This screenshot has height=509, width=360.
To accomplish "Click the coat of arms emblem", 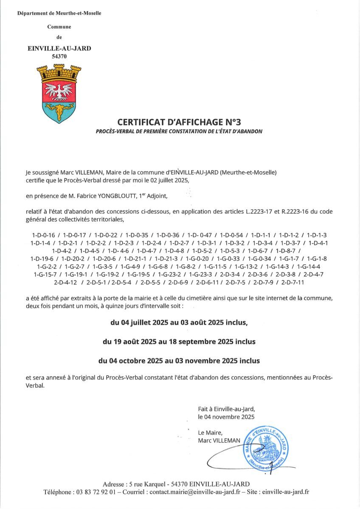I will pyautogui.click(x=59, y=94).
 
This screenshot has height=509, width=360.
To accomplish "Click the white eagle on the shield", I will pyautogui.click(x=59, y=91).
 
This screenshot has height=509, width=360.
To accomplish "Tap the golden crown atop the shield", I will pyautogui.click(x=59, y=73).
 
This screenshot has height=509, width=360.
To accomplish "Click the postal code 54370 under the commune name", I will pyautogui.click(x=59, y=56).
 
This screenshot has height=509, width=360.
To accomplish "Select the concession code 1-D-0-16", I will pyautogui.click(x=44, y=235).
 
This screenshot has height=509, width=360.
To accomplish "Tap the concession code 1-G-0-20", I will pyautogui.click(x=197, y=258).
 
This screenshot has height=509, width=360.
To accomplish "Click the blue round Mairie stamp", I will pyautogui.click(x=266, y=449).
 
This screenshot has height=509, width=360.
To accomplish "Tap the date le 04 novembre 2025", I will pyautogui.click(x=226, y=417).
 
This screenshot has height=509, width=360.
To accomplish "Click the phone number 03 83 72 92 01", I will pyautogui.click(x=94, y=492).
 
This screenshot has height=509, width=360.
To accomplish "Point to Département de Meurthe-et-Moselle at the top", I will pyautogui.click(x=59, y=13).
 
